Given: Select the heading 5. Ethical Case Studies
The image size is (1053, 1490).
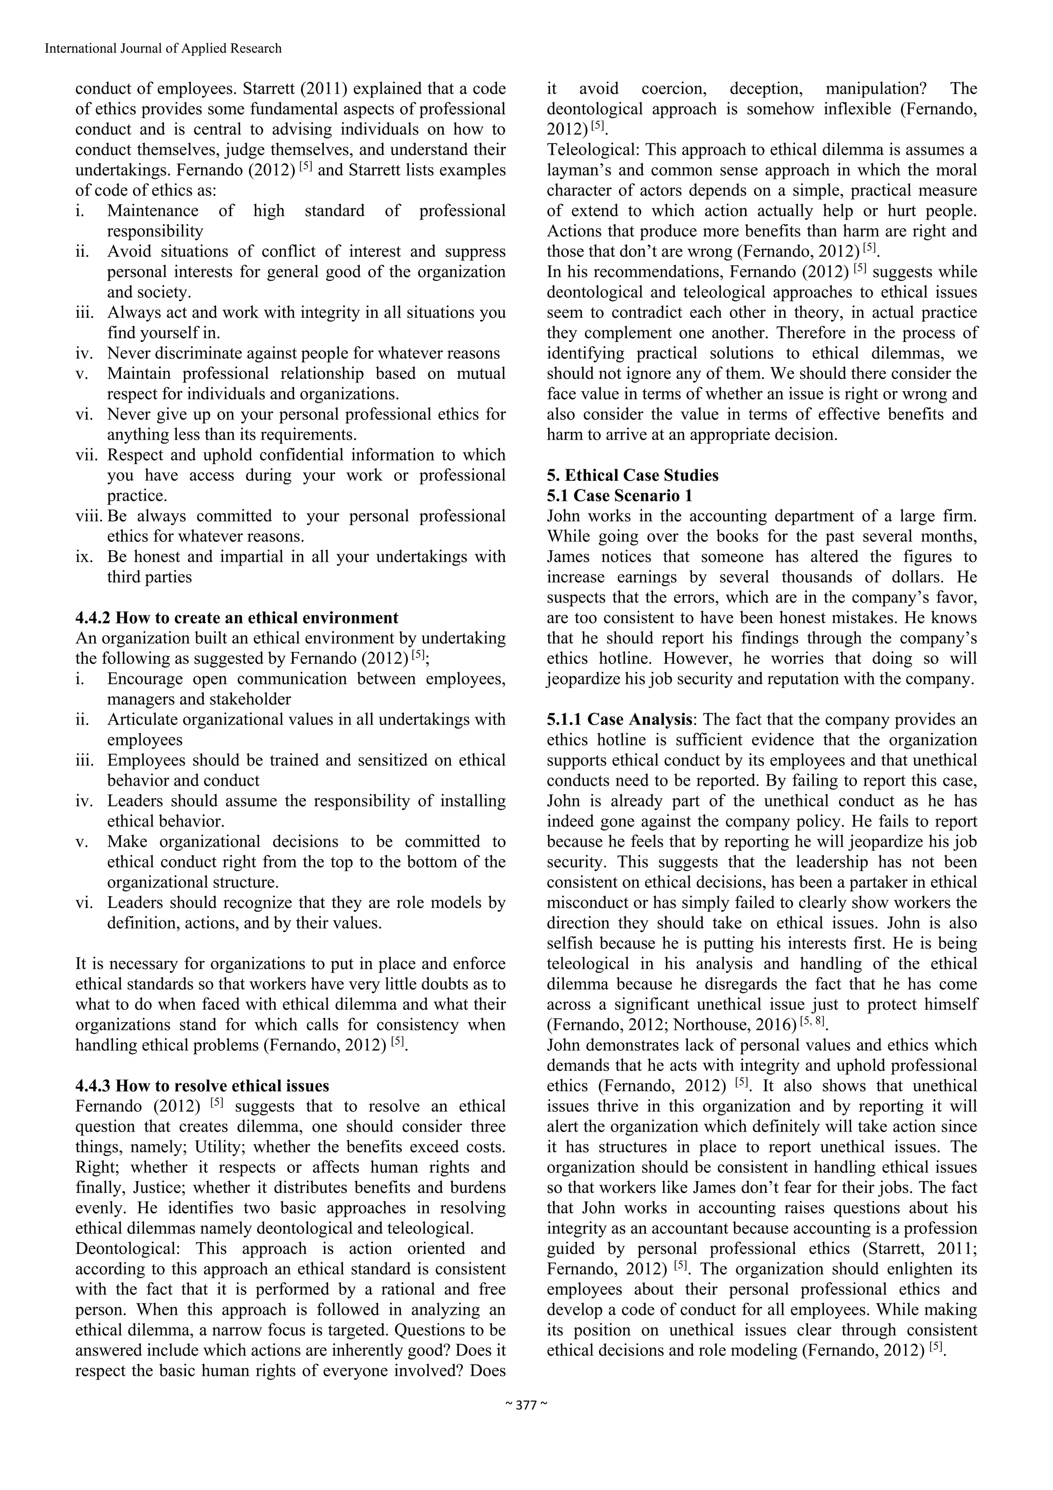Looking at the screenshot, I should click(x=632, y=475).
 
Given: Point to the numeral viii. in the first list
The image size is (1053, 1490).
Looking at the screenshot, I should click(x=89, y=516).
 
